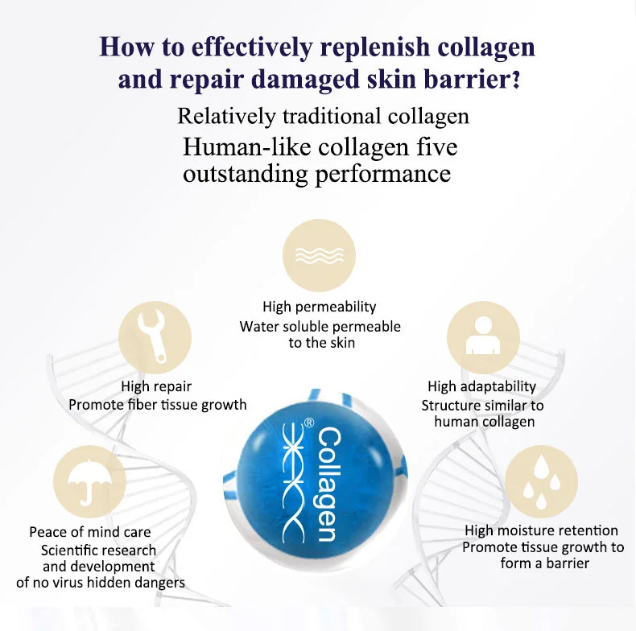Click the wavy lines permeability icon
319,256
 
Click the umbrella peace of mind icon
89,483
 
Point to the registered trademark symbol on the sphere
308,422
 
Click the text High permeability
319,307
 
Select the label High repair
156,386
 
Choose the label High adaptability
481,387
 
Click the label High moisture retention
541,530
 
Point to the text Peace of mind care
89,532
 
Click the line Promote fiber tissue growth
158,405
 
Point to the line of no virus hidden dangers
101,582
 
